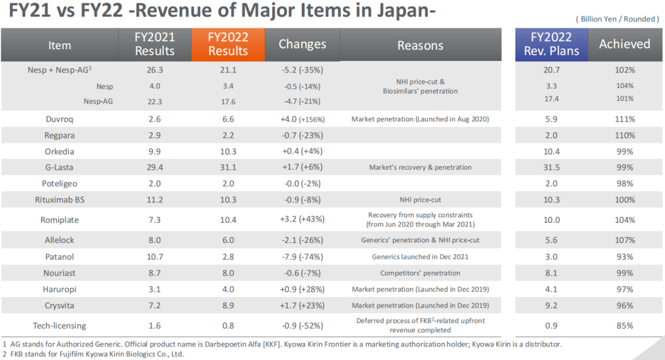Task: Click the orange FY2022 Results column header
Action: click(228, 44)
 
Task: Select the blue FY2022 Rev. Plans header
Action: click(552, 44)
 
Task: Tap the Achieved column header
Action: click(624, 44)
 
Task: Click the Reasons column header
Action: click(420, 45)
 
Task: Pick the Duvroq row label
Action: click(59, 119)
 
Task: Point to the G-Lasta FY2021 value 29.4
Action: click(155, 167)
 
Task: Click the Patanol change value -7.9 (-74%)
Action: click(302, 257)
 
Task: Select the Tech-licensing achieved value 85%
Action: click(625, 326)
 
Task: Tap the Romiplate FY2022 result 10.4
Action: click(228, 220)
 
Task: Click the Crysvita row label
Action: click(59, 305)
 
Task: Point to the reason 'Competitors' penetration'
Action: click(420, 273)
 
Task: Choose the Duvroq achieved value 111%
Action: click(625, 119)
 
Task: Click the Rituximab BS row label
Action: click(59, 200)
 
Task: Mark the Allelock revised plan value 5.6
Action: click(552, 240)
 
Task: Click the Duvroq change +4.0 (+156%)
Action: click(302, 119)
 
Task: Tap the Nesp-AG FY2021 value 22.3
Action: click(155, 101)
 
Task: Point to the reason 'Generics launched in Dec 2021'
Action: click(420, 257)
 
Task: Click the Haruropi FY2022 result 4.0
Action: click(228, 289)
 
